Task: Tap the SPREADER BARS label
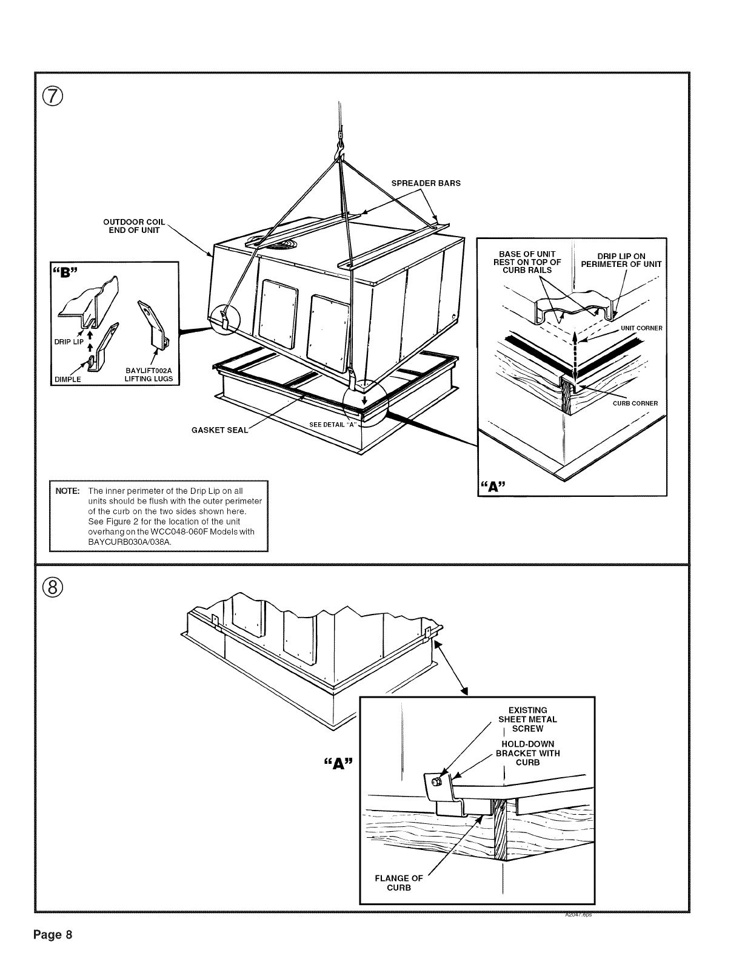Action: (426, 183)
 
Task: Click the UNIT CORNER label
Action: (641, 328)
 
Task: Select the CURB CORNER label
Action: (635, 403)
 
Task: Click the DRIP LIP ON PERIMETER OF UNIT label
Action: (621, 260)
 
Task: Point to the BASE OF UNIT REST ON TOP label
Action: (527, 262)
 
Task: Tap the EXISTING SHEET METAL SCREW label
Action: (527, 719)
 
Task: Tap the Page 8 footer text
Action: (53, 934)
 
